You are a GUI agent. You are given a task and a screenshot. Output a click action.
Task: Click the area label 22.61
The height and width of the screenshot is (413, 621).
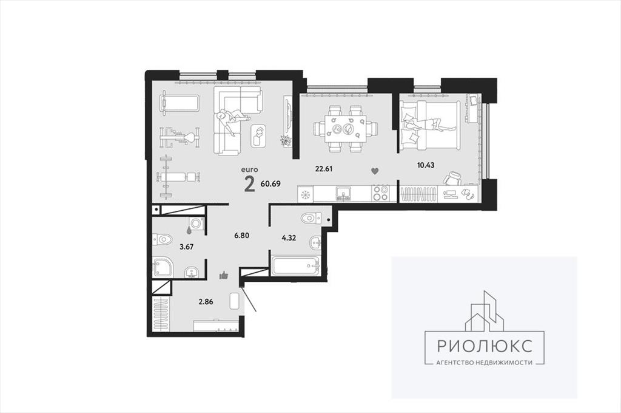click(x=324, y=169)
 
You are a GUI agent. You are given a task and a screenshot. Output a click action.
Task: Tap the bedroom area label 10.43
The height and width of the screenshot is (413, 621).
click(x=426, y=165)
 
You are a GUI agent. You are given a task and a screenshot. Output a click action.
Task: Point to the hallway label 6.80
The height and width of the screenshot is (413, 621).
click(x=241, y=235)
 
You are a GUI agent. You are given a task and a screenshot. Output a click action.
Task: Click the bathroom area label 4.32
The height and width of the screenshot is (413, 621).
click(x=289, y=238)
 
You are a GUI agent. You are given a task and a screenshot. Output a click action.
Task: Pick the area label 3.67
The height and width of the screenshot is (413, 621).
click(x=187, y=247)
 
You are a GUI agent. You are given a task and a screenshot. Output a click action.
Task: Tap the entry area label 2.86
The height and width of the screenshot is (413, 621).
click(x=206, y=301)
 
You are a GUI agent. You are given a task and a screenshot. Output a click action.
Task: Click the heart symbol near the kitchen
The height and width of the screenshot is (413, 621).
click(x=375, y=171)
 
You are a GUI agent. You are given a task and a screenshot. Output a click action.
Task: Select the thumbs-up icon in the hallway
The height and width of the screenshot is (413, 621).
click(x=224, y=275)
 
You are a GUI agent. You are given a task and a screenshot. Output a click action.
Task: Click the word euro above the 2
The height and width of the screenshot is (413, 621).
click(x=249, y=170)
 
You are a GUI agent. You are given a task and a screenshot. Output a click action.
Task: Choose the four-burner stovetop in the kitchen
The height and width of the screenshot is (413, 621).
click(x=381, y=194)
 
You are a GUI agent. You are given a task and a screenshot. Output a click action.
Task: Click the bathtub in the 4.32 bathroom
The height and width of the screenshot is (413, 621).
click(x=295, y=265)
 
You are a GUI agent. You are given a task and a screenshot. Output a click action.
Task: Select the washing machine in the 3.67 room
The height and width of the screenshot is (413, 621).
click(x=196, y=224)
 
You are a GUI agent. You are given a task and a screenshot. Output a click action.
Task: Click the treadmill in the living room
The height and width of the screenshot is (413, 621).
click(x=180, y=103)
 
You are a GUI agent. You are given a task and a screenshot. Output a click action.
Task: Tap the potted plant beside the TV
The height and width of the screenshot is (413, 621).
click(x=286, y=140)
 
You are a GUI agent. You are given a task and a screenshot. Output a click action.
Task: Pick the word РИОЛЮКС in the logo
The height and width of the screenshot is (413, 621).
click(x=485, y=346)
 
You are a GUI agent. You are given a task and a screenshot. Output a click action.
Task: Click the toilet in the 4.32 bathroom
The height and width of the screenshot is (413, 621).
click(x=310, y=218)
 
